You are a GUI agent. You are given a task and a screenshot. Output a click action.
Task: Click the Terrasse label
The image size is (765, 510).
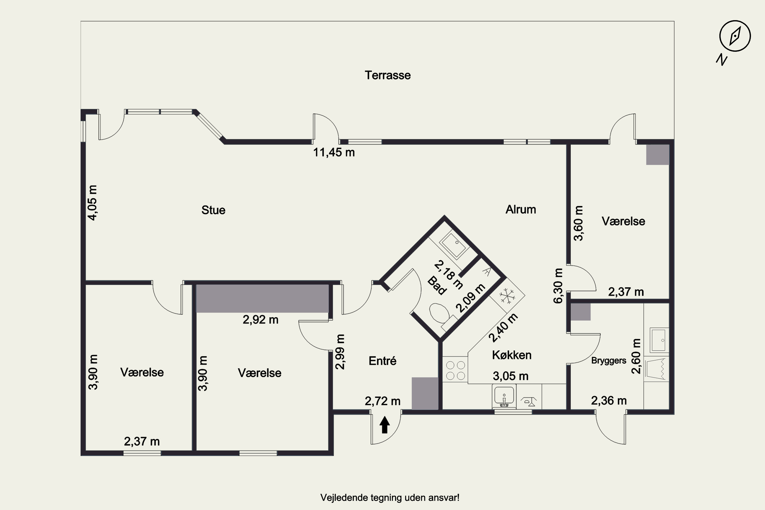coord(387,75)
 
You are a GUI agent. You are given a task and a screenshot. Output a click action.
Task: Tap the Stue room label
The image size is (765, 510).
coord(213,210)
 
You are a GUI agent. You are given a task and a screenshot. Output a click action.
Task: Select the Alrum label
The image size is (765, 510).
coord(521,209)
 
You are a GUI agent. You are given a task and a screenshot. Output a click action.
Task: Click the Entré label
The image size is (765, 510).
coord(382,361)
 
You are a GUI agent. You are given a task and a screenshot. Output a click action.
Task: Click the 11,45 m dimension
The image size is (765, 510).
coord(334,152)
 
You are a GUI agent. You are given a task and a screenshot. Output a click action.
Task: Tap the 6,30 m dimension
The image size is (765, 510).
coord(558,286)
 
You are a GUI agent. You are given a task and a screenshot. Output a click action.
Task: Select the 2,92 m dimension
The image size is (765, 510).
coord(261,320)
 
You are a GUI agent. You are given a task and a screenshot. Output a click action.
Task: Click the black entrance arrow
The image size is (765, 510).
coord(385,425)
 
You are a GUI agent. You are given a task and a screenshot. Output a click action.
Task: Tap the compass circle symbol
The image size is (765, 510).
coord(735,36)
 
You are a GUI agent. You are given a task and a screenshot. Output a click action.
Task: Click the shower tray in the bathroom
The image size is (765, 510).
coord(454,244)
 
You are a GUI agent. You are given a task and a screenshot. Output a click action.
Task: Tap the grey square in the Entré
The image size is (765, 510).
coord(425,393)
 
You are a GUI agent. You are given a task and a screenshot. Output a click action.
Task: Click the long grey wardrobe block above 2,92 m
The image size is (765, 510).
coord(262,299)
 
